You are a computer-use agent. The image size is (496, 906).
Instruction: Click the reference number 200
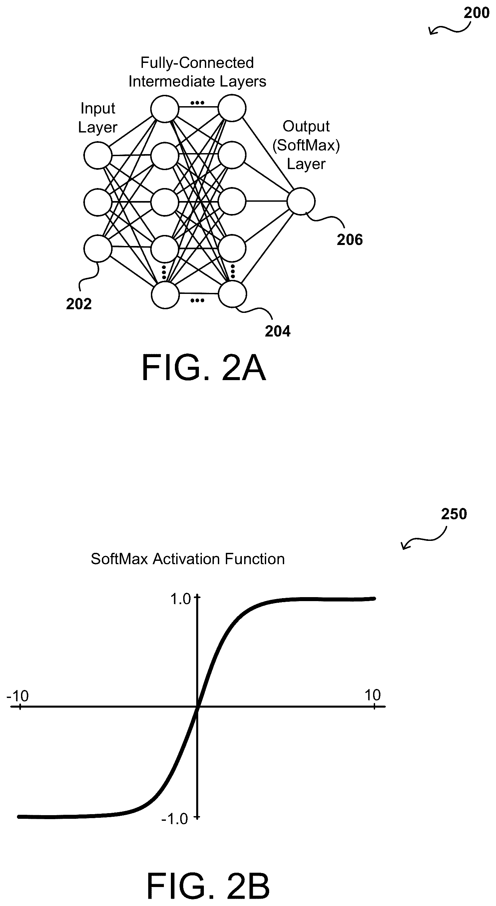pos(476,13)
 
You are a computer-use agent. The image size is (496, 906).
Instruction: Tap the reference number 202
pos(79,304)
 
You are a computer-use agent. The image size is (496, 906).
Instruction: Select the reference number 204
pos(278,331)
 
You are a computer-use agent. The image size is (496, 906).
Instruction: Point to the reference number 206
pos(349,240)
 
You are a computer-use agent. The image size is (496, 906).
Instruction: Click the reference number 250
pos(454,514)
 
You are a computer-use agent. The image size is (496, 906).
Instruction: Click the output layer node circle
pos(301,201)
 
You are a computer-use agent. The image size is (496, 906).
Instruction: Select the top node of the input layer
pos(98,155)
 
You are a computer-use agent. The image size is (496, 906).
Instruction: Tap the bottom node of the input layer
pos(98,249)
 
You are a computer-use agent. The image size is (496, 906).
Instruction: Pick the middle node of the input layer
pos(98,202)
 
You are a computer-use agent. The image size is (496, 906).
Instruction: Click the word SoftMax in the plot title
pos(119,559)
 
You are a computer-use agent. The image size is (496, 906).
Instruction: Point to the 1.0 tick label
pos(181,598)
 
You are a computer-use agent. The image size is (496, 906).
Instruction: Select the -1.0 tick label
pos(175,819)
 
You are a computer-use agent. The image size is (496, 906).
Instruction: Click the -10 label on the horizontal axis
pos(18,696)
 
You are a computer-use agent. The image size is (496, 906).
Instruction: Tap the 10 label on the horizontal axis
pos(372,695)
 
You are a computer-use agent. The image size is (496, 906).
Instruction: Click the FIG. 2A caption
pos(204,367)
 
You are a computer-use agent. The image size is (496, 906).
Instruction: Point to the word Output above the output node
pos(306,126)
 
